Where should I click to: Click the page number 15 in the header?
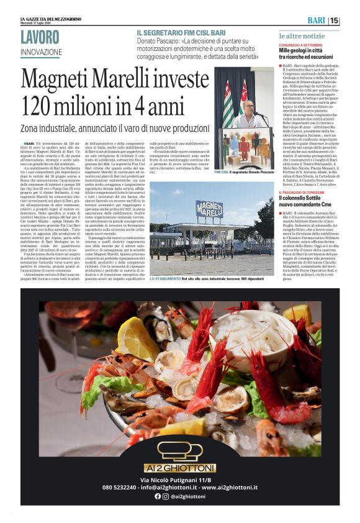coord(335,20)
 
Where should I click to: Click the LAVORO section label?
coord(45,37)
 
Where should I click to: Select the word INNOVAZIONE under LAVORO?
coord(45,52)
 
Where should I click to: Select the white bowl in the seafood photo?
coord(259,329)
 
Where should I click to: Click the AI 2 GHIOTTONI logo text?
coord(179,467)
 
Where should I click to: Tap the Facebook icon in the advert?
coord(158,496)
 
